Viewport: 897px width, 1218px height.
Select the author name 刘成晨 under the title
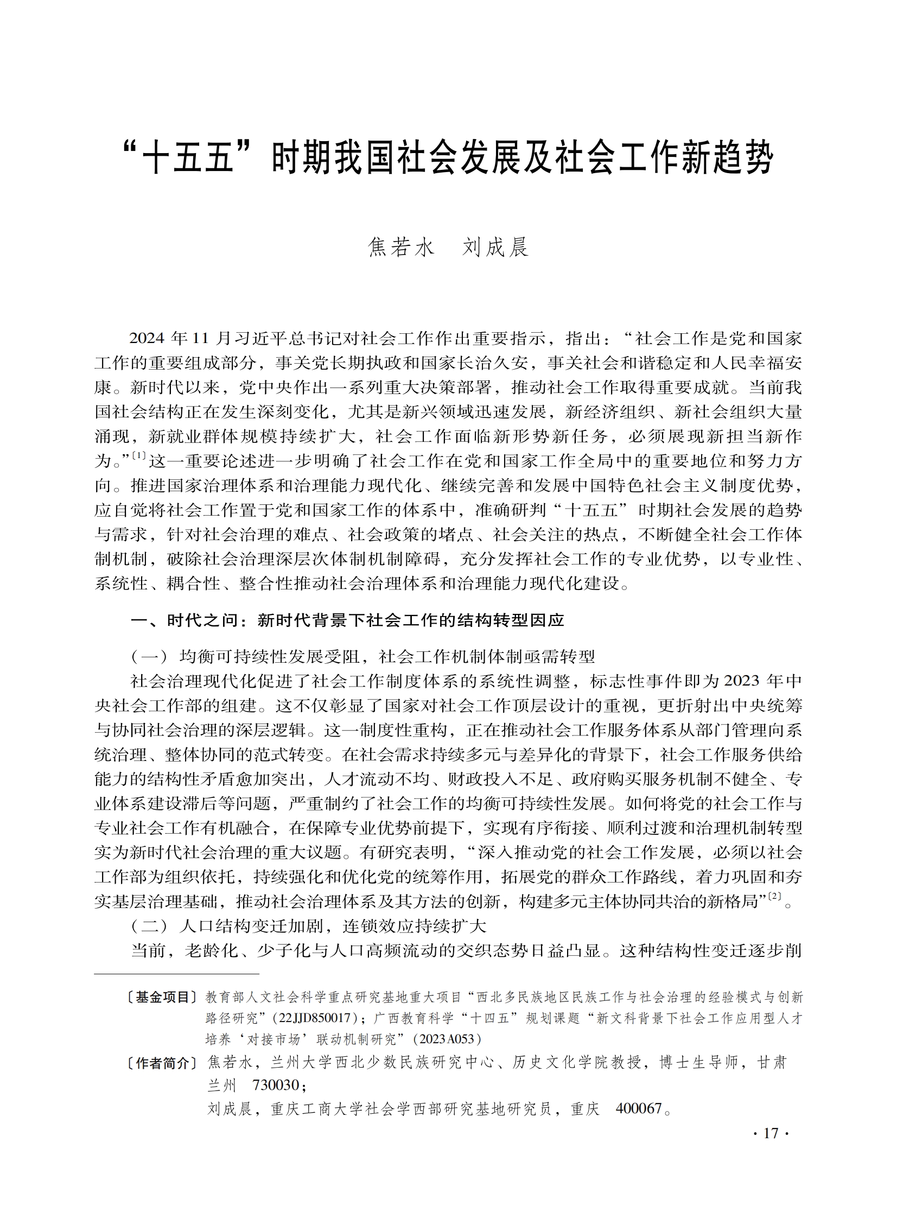(x=495, y=248)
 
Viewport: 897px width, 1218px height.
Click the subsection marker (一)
(x=149, y=657)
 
